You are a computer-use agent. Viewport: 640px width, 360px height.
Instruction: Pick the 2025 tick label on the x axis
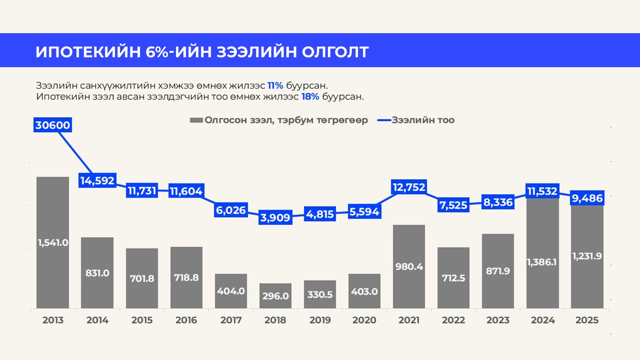coord(587,320)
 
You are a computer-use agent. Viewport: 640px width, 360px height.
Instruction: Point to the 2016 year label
coord(186,320)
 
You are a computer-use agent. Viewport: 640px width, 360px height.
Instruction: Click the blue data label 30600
coord(53,125)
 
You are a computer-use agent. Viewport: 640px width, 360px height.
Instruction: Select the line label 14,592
coord(97,181)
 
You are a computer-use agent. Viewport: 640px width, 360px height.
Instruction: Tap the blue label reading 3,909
coord(275,218)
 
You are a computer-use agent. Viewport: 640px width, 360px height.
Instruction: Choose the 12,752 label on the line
coord(409,187)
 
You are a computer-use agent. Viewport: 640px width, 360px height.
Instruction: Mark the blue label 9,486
coord(587,198)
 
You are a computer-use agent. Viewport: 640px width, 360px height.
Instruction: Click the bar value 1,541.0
coord(53,242)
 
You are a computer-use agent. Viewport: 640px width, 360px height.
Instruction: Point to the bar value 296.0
coord(275,296)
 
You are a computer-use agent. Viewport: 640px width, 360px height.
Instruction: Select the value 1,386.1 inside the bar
coord(542,262)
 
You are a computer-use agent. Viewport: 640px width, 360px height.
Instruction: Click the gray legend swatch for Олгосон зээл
coord(196,120)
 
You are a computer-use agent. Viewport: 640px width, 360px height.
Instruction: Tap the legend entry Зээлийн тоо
coord(423,120)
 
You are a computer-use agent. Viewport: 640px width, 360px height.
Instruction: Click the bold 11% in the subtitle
coord(275,86)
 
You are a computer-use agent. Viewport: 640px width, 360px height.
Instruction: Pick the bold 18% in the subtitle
coord(310,97)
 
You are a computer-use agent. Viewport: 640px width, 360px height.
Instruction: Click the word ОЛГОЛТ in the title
coord(335,52)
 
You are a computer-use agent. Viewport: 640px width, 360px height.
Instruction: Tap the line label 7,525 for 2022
coord(453,205)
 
